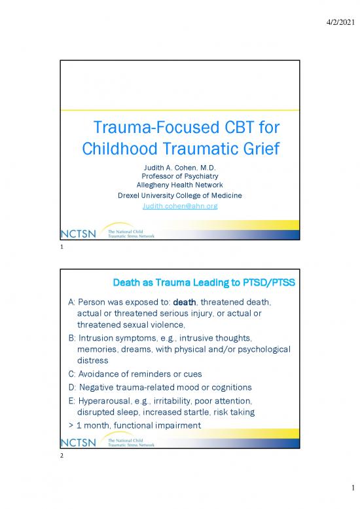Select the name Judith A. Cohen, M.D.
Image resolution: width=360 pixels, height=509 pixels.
[180, 168]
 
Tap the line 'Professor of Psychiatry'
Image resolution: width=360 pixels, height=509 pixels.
[180, 176]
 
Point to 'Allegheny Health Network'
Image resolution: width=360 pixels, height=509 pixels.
[180, 185]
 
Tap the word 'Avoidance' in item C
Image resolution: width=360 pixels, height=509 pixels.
[102, 374]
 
